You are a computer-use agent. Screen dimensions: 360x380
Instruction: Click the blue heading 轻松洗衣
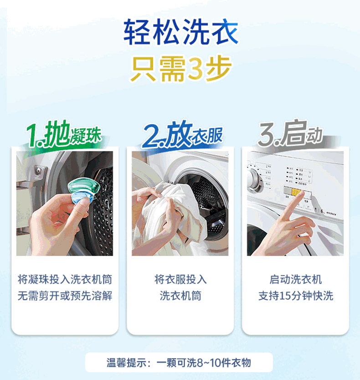[180, 32]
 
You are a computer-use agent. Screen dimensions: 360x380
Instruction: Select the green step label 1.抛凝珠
[63, 134]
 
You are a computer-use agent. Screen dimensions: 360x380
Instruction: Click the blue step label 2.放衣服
[182, 135]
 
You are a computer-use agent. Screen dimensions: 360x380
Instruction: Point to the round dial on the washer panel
[255, 180]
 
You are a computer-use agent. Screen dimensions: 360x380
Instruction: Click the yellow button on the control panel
[296, 193]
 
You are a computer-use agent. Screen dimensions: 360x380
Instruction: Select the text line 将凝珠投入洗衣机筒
[65, 280]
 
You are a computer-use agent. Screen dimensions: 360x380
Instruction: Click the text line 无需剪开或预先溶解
[65, 296]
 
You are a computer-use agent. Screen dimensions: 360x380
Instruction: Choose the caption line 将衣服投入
[180, 280]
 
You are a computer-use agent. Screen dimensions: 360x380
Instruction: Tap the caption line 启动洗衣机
[296, 280]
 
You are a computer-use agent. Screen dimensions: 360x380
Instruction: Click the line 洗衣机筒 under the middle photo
[180, 296]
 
